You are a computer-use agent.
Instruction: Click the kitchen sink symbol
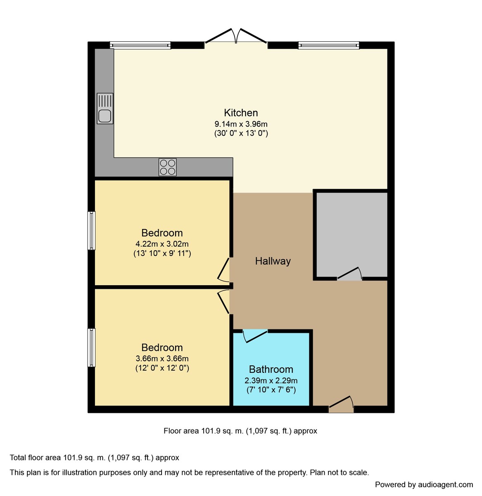pos(105,109)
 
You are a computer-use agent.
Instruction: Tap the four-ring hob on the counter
pos(168,167)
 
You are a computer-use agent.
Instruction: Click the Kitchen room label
pos(241,113)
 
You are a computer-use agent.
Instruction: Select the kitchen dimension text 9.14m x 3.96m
pos(241,124)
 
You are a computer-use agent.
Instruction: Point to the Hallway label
pos(273,261)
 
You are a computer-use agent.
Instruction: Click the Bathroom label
pos(271,369)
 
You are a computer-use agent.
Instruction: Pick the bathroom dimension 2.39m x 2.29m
pos(271,381)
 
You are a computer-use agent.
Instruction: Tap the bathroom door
pos(255,335)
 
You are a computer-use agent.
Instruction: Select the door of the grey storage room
pos(349,274)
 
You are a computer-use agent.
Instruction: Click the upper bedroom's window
pos(91,231)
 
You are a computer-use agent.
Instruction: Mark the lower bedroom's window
pos(91,348)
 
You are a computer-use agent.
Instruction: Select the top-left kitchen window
pos(140,45)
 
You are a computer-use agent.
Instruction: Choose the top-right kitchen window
pos(329,45)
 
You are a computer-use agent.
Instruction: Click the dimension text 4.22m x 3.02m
pos(162,244)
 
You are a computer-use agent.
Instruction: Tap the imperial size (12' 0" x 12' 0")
pos(162,368)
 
